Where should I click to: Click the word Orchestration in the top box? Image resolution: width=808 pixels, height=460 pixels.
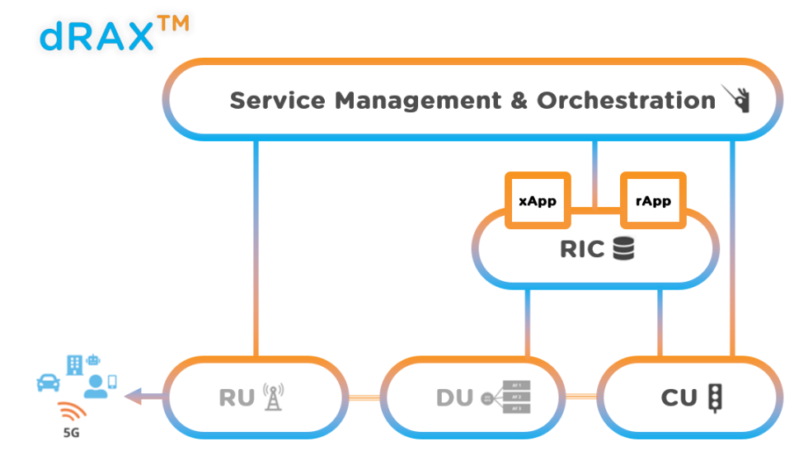(626, 101)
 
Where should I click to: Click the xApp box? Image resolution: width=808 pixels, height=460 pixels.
(538, 201)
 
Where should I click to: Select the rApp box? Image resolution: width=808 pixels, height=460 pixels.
(653, 201)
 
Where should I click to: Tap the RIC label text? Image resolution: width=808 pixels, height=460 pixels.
(582, 249)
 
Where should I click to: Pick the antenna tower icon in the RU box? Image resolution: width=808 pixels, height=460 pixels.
(271, 398)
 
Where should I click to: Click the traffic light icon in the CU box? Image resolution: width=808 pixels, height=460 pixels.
(715, 398)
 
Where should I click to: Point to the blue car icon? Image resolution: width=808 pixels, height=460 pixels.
(49, 383)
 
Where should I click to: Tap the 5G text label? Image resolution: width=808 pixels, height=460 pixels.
(70, 432)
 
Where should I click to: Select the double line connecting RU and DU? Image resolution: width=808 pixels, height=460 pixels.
(362, 398)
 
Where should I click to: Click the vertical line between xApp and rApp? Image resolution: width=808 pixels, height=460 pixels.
(594, 174)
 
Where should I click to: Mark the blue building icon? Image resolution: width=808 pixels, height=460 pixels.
(73, 364)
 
